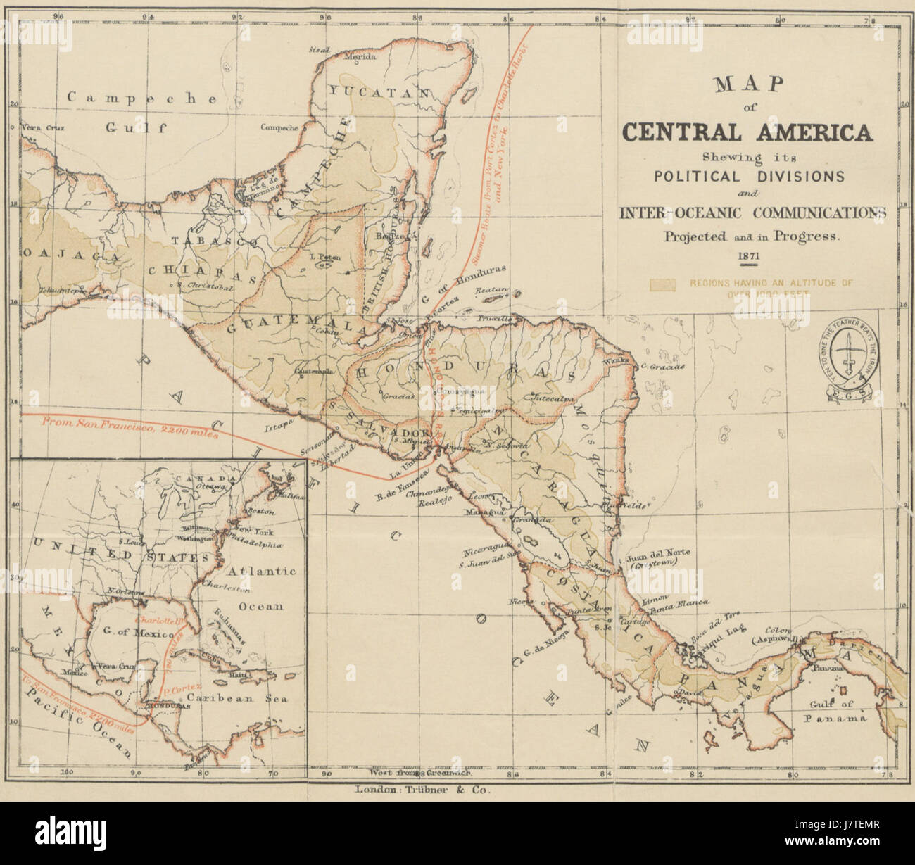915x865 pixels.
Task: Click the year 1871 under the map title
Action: pos(747,256)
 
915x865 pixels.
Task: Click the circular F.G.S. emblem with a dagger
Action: pos(851,348)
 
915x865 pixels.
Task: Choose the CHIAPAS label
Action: pos(201,270)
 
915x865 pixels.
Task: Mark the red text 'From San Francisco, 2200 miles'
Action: pos(131,427)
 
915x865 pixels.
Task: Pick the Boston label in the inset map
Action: pos(256,511)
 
